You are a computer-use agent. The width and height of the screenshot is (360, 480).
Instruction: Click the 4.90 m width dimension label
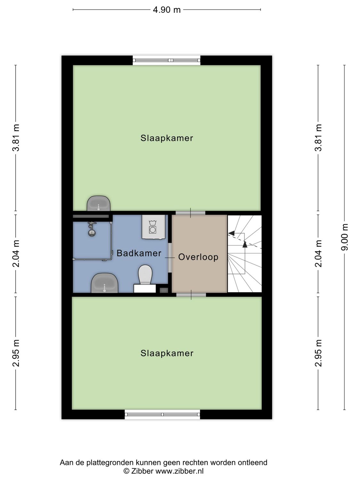167,10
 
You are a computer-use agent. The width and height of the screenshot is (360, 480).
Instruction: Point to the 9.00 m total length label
345,237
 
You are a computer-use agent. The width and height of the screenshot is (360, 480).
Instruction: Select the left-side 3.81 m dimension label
16,138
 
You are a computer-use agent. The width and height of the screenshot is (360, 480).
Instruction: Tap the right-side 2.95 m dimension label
318,353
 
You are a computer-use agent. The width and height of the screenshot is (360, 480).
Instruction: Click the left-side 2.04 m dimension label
16,253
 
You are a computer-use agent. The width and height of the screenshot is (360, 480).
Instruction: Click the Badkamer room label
139,253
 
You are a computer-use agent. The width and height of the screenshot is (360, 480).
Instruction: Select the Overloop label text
198,257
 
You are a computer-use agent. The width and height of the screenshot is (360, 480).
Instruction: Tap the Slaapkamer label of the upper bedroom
167,138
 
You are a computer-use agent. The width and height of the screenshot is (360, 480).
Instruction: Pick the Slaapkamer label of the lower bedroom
167,353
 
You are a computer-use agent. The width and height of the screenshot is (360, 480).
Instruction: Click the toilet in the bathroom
145,275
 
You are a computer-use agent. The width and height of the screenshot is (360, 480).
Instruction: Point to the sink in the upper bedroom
99,204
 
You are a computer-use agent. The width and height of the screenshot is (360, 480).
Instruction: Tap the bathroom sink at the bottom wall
104,283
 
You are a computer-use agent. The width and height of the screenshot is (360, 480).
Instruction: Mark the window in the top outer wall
166,60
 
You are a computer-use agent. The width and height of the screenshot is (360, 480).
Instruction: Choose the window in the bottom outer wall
162,414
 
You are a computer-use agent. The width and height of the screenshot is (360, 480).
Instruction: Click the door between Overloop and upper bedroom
190,213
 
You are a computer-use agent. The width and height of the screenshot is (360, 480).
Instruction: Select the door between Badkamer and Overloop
170,257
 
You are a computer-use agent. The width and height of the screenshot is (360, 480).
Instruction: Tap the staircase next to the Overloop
245,253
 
